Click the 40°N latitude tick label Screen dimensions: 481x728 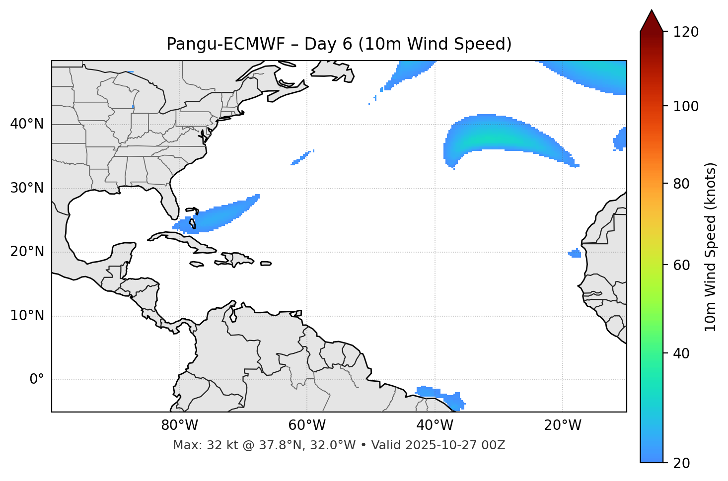pos(27,124)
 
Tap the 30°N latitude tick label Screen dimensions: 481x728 pos(27,188)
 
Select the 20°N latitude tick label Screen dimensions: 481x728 pos(27,252)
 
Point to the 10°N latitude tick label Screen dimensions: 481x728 pos(27,316)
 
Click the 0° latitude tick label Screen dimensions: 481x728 pos(37,380)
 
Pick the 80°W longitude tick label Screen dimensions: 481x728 pos(179,425)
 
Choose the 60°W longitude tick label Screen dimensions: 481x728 pos(307,425)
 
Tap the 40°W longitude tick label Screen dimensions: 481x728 pos(435,425)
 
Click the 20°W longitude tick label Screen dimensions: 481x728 pos(562,425)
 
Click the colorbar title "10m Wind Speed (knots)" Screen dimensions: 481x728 pos(711,247)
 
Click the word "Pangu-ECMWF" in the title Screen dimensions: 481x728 pos(226,44)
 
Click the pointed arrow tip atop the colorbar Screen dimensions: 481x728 pos(652,12)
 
